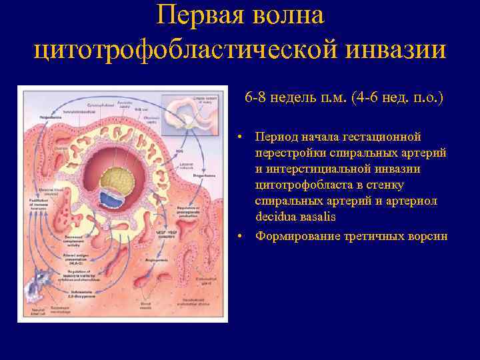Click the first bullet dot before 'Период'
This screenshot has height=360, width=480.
(x=245, y=137)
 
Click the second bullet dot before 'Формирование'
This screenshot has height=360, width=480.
(x=245, y=237)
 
